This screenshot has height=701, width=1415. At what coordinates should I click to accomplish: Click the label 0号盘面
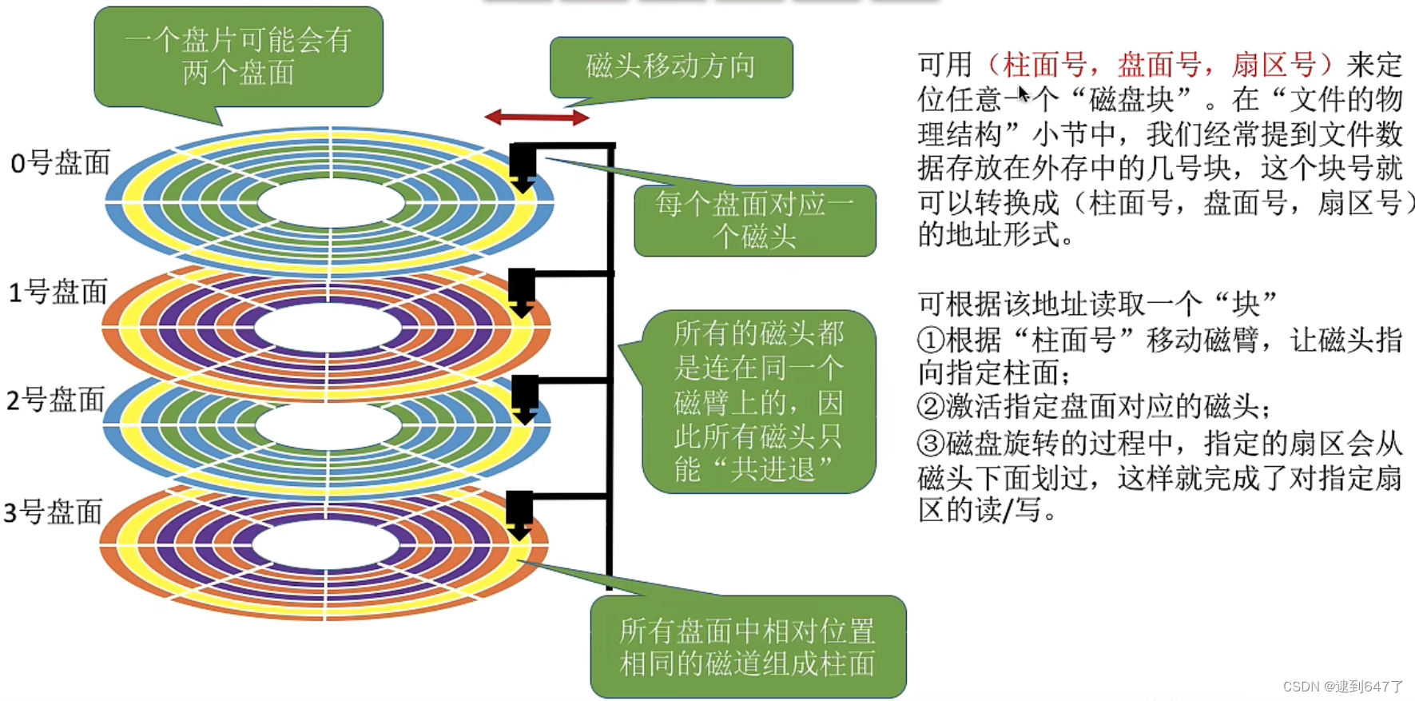point(60,163)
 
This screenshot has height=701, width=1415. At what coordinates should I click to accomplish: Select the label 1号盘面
point(58,292)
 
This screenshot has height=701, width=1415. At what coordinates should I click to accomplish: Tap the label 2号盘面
point(55,399)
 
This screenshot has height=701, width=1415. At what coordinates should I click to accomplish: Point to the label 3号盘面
point(53,512)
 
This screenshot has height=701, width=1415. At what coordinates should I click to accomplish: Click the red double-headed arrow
point(537,117)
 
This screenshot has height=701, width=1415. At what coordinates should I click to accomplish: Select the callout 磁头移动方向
point(671,67)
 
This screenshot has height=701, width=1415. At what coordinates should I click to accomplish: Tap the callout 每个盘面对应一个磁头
point(754,221)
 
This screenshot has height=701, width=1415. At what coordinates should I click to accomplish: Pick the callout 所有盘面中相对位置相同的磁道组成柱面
point(748,647)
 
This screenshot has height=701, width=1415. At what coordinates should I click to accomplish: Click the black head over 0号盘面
point(523,167)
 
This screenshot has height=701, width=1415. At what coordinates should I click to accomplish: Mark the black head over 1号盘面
point(522,293)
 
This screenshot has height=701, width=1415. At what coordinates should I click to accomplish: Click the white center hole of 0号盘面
point(331,203)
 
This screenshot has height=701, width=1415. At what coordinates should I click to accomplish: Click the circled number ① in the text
point(931,341)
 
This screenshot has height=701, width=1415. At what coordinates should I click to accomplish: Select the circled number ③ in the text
point(931,444)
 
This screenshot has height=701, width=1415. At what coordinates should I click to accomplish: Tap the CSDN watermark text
point(1342,687)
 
